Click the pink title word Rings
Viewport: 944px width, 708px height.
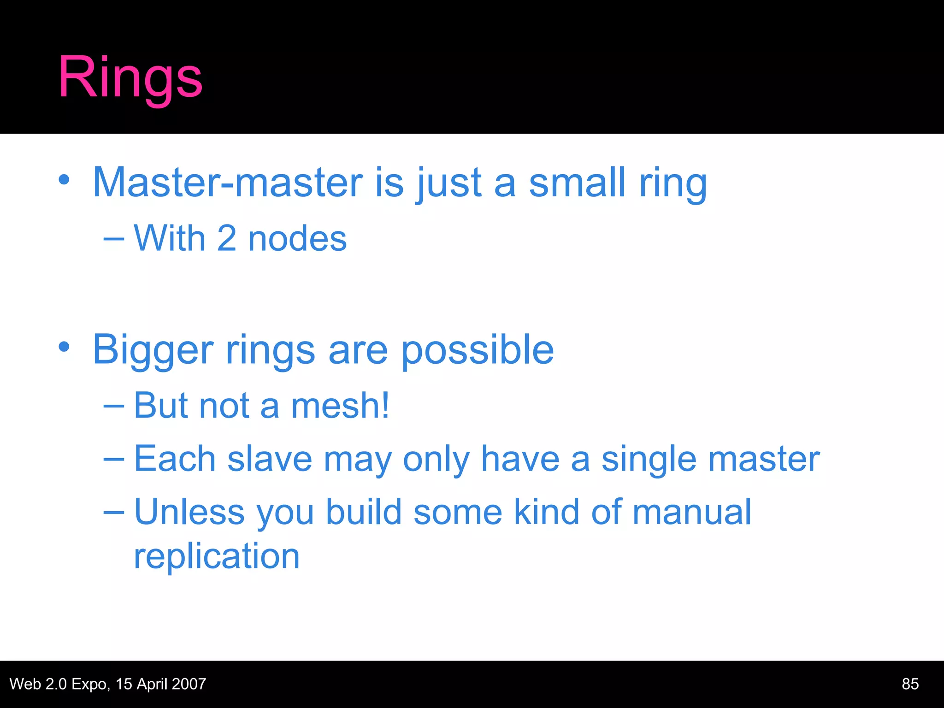tap(130, 77)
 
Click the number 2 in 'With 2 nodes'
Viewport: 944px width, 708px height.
tap(227, 239)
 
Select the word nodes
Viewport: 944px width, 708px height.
tap(297, 239)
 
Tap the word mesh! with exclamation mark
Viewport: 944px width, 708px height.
tap(340, 406)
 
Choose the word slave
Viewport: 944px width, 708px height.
tap(270, 459)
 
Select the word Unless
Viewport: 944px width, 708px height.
tap(189, 512)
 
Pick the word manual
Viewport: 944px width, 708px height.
tap(691, 512)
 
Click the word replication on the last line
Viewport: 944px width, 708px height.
tap(217, 556)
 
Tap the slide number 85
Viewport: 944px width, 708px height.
tap(910, 684)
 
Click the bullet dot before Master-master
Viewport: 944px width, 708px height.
tap(64, 180)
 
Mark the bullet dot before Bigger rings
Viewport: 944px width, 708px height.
tap(64, 347)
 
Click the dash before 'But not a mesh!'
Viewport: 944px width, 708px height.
tap(113, 406)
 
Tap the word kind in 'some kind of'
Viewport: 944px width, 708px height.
tap(546, 512)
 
